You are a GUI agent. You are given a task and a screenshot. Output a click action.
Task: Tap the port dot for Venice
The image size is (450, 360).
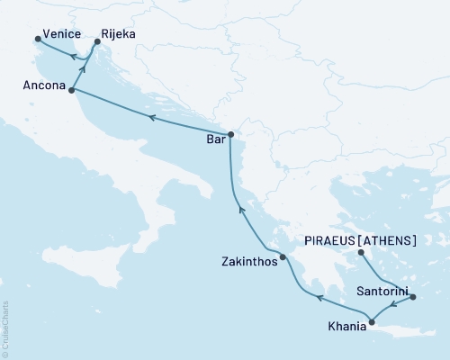pos(37,39)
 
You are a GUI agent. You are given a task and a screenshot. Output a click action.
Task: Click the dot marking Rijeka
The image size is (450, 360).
pos(97,42)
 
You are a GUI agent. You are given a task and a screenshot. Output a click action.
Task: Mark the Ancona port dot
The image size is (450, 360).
pos(71,91)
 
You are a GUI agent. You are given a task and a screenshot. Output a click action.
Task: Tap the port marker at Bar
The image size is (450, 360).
pos(230,135)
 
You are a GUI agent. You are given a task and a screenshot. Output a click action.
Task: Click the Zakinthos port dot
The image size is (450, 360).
pos(283,257)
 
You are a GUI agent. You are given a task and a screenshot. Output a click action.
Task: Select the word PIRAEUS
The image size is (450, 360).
pos(330,240)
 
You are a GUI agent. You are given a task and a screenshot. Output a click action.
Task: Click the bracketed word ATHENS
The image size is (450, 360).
pos(389,240)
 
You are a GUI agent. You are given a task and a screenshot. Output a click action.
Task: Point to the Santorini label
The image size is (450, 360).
pos(383,292)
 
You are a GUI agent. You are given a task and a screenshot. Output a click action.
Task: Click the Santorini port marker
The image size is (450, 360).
pos(413,296)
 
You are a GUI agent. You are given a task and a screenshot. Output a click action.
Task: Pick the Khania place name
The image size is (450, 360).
pos(346,327)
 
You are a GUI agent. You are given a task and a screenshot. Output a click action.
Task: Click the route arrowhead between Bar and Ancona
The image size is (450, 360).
pos(152,117)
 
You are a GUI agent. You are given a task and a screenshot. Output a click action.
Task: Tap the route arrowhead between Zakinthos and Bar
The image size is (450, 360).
pos(240,210)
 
